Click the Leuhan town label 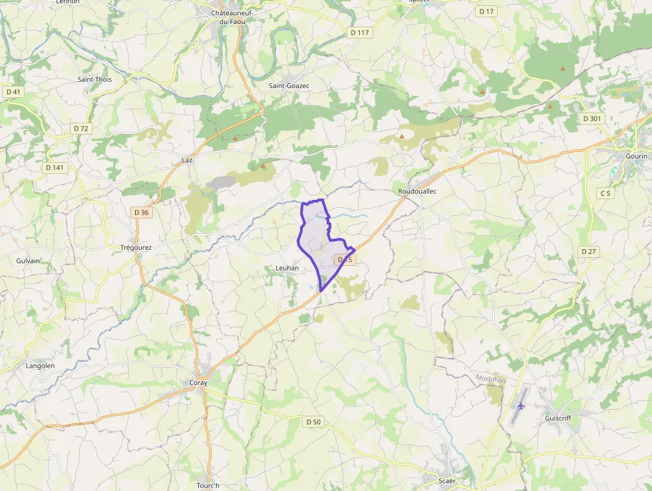287,268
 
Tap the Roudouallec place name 417,191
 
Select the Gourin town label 636,156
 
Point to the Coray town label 198,383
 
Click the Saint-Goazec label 289,86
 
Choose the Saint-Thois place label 94,79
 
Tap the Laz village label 186,161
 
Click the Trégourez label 136,248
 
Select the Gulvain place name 28,261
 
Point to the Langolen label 39,366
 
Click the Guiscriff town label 558,418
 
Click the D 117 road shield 360,33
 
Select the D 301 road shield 591,119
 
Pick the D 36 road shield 141,213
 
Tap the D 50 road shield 313,422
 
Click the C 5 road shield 605,193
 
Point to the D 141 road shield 55,167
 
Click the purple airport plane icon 520,405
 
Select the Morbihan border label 491,379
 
